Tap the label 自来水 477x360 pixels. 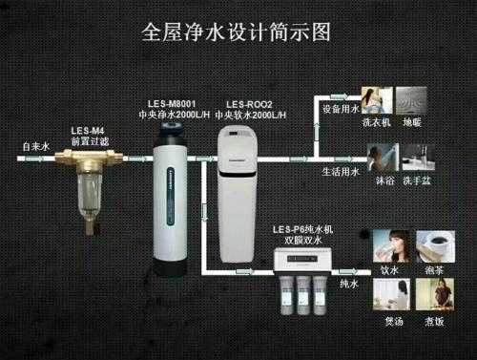tap(35, 146)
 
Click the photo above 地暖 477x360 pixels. tap(410, 99)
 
